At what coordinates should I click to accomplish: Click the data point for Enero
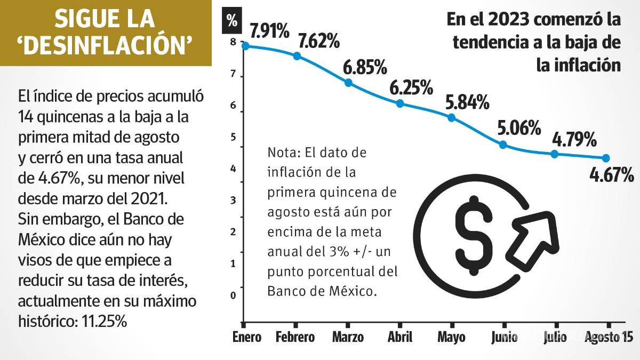pyautogui.click(x=245, y=46)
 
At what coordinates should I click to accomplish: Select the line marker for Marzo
pyautogui.click(x=348, y=83)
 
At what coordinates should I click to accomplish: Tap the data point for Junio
pyautogui.click(x=502, y=145)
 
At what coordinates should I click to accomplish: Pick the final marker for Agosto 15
pyautogui.click(x=606, y=158)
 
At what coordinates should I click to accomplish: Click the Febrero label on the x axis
pyautogui.click(x=295, y=338)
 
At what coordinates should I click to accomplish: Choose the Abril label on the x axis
pyautogui.click(x=400, y=338)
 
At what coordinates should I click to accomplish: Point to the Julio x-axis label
pyautogui.click(x=556, y=338)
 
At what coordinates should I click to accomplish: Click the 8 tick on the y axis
pyautogui.click(x=233, y=43)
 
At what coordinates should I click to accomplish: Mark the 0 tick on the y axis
pyautogui.click(x=233, y=295)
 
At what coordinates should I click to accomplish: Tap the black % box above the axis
pyautogui.click(x=232, y=21)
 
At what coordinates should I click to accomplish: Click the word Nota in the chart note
pyautogui.click(x=282, y=154)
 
